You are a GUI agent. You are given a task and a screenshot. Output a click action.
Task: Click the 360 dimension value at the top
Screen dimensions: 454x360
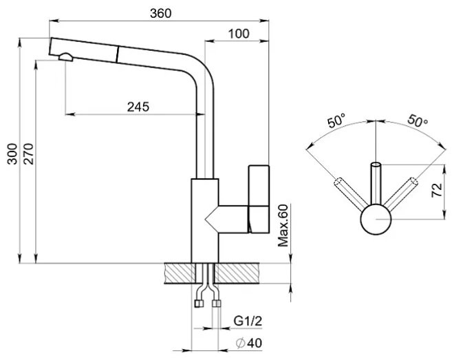161,13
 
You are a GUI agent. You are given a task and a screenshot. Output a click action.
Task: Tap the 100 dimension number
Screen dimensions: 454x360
239,34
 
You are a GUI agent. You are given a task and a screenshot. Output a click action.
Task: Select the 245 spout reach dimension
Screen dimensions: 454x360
138,107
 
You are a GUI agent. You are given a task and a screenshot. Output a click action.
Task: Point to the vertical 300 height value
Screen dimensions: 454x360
12,153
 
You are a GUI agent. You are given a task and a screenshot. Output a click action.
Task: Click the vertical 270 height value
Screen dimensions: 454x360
29,153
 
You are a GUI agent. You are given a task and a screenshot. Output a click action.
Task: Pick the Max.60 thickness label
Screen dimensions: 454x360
283,226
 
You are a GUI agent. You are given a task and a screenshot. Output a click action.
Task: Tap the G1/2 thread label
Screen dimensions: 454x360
248,321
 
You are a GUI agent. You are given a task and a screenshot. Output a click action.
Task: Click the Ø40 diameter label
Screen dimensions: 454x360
249,343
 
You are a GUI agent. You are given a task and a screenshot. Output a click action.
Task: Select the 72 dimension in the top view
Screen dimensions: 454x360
437,190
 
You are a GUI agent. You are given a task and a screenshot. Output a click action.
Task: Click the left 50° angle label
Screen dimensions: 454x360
336,120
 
